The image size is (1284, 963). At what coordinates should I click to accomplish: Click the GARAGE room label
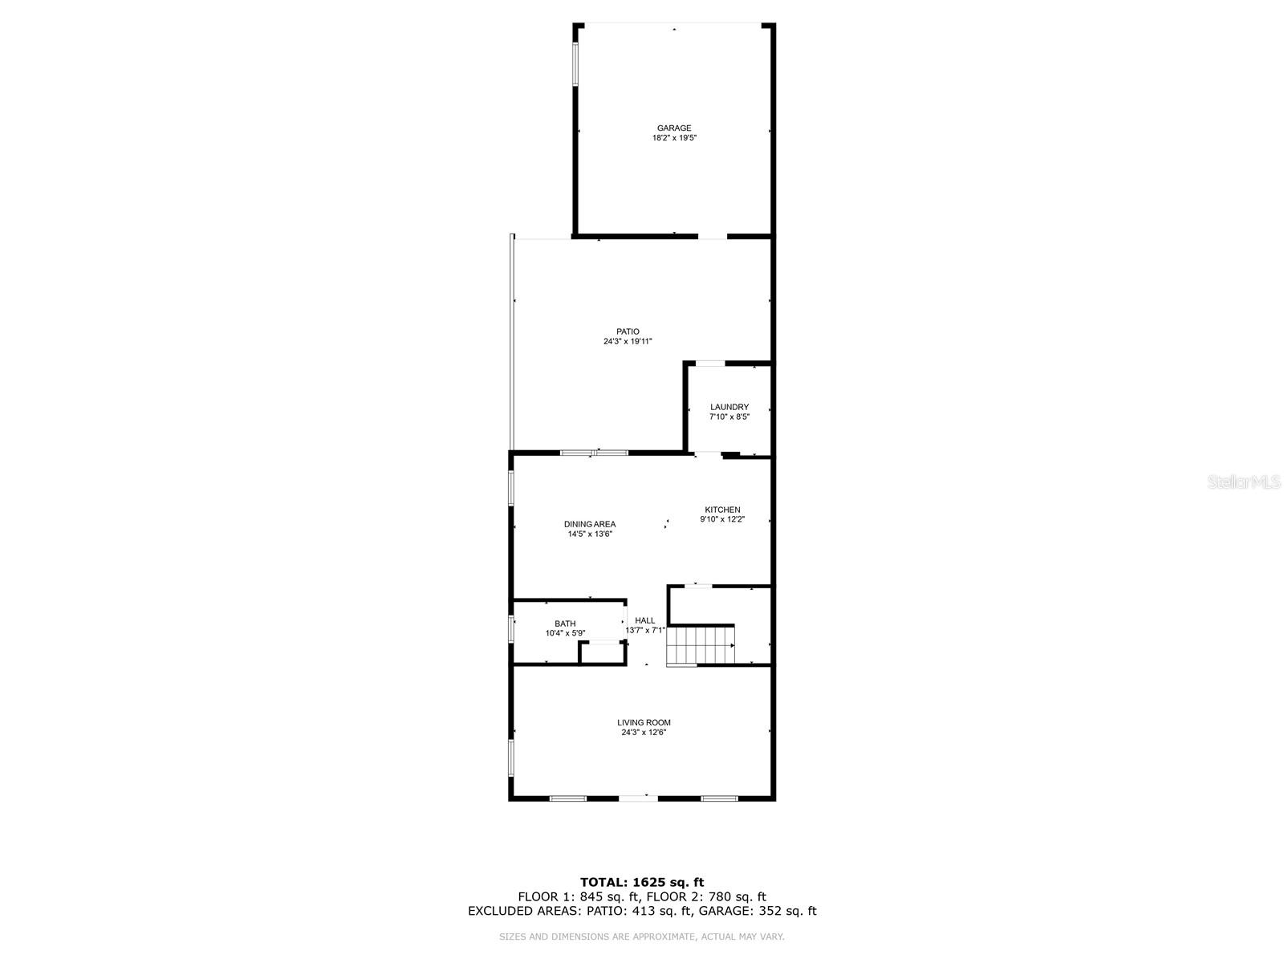point(674,128)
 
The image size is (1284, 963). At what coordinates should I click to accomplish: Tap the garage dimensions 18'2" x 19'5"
point(674,138)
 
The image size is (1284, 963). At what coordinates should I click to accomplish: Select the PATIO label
point(628,331)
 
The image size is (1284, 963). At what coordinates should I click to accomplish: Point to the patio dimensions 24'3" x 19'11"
point(628,341)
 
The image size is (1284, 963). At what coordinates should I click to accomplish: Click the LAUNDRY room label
point(729,407)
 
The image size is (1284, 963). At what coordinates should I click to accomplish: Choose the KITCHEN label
point(722,510)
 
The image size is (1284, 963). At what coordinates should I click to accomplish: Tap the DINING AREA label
point(590,524)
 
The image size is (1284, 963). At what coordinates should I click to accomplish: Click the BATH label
point(565,624)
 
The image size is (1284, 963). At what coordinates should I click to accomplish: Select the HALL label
point(645,620)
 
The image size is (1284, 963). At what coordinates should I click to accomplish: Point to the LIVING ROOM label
point(644,722)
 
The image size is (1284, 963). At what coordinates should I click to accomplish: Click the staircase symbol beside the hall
point(701,646)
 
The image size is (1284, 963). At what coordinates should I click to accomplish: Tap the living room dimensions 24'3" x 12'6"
point(644,732)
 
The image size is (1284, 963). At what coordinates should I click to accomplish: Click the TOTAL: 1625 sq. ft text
point(642,883)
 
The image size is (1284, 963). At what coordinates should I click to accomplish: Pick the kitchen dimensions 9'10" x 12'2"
point(722,519)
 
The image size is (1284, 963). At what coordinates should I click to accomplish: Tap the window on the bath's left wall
point(511,628)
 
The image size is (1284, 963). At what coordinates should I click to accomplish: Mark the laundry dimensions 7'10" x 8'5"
point(729,416)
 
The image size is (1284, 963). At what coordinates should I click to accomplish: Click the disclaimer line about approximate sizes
point(642,937)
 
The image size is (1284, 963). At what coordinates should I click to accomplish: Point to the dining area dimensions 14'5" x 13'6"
point(590,534)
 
